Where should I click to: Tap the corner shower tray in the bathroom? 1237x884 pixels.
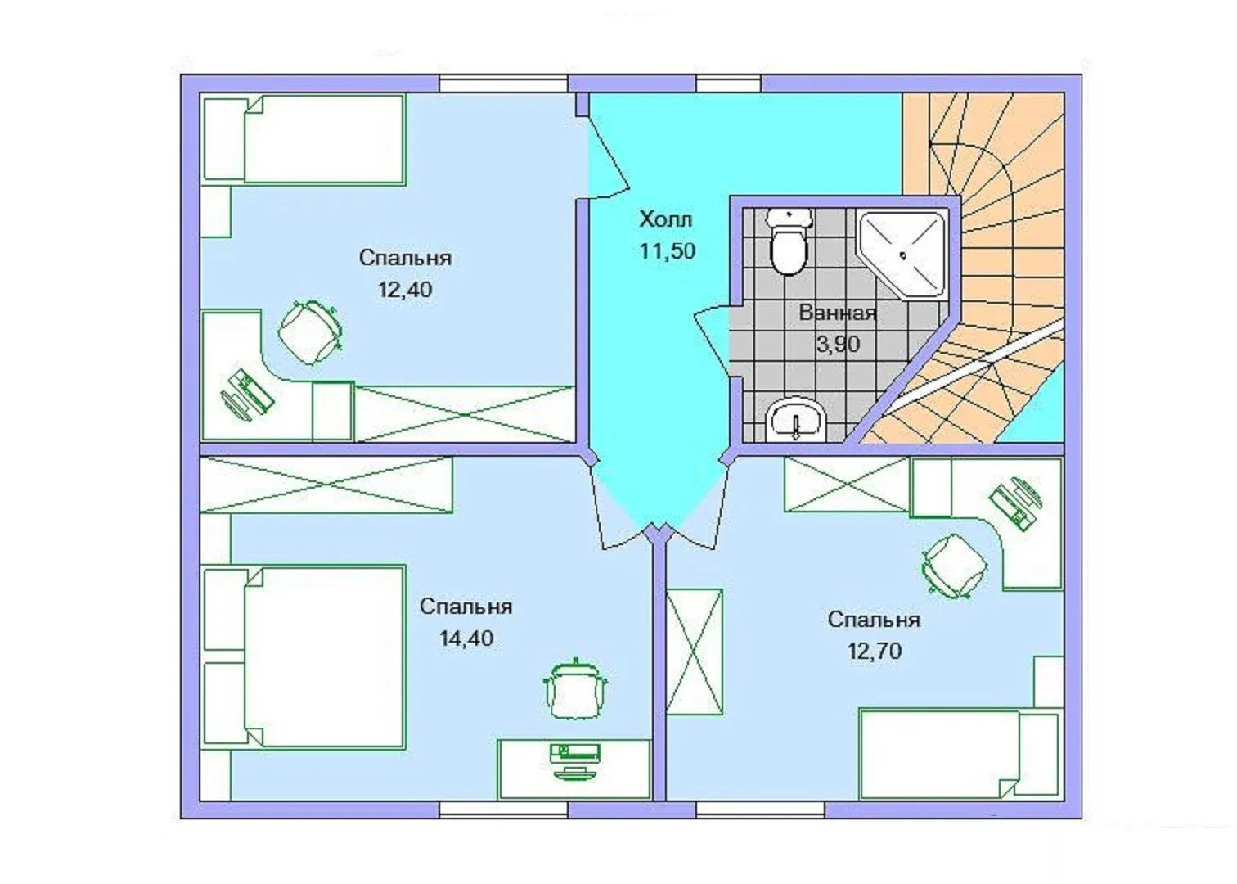click(902, 255)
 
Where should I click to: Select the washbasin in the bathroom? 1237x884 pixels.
click(796, 420)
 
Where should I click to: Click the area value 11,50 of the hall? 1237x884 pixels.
click(667, 251)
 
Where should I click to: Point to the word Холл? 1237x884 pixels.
click(665, 219)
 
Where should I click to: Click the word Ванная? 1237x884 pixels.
click(838, 313)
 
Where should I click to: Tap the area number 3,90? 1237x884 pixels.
click(838, 345)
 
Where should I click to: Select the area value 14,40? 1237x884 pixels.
click(466, 638)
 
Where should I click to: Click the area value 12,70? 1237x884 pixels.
click(875, 651)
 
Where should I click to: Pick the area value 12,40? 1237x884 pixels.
click(405, 290)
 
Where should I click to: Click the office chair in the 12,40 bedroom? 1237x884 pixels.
click(309, 331)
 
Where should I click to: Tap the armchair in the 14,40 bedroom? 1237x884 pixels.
click(575, 690)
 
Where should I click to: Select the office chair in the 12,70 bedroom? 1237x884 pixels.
click(954, 566)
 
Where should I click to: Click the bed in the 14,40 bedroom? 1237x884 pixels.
click(304, 657)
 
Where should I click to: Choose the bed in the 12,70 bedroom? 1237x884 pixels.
click(960, 754)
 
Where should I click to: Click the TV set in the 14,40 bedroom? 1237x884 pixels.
click(575, 762)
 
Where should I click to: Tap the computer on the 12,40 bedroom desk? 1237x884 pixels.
click(248, 394)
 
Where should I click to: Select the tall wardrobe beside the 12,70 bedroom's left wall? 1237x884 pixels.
click(695, 652)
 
